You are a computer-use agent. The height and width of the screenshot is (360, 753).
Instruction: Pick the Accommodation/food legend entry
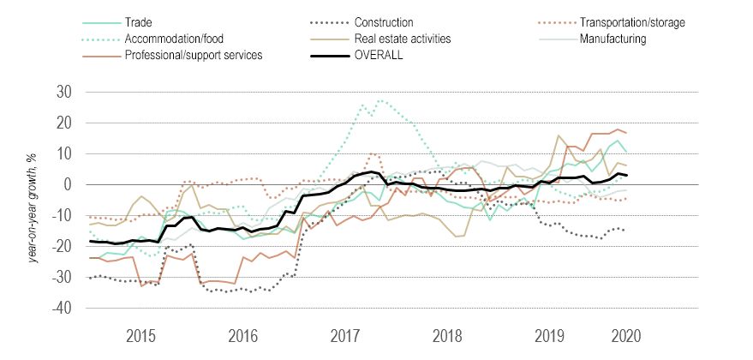click(x=171, y=39)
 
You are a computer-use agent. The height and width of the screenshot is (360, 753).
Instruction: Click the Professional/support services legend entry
click(x=193, y=56)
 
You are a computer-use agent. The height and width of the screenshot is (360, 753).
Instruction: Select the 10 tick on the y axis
click(x=66, y=154)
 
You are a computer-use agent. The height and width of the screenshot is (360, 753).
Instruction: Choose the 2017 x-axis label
click(x=344, y=334)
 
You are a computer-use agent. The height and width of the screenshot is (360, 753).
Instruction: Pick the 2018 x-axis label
click(x=446, y=334)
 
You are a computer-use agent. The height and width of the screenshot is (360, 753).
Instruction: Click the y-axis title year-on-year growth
click(x=34, y=202)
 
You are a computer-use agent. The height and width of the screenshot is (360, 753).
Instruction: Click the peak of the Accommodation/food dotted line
click(x=379, y=100)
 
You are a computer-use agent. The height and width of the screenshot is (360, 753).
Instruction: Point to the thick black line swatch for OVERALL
click(x=331, y=56)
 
